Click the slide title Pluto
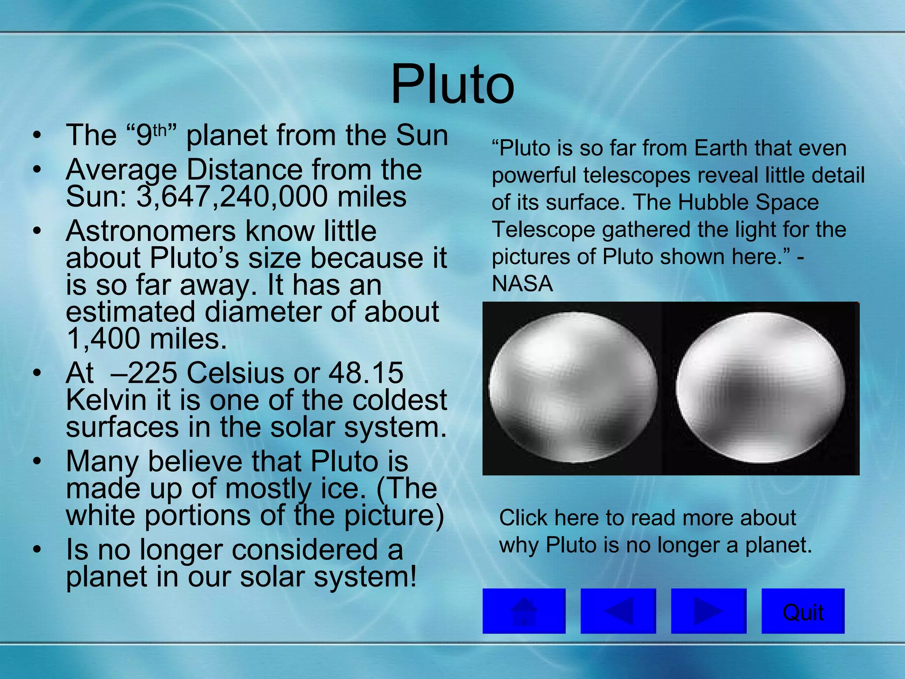[x=452, y=84]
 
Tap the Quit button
[x=803, y=612]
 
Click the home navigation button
[x=524, y=611]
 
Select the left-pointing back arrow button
[x=618, y=611]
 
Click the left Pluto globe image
[x=573, y=388]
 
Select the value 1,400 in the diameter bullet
[x=103, y=339]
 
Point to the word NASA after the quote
[x=522, y=284]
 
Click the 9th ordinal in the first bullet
[x=152, y=135]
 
